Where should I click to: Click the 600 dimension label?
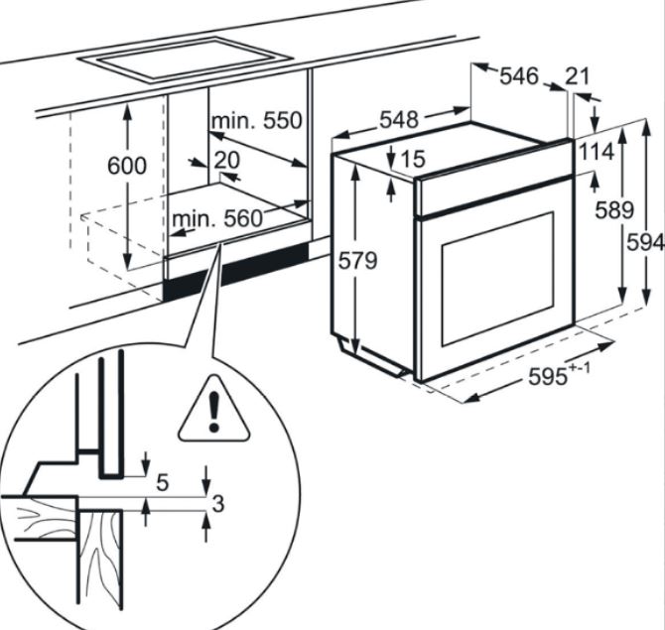tap(126, 166)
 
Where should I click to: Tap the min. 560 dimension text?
tap(216, 217)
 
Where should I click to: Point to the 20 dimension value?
tap(226, 160)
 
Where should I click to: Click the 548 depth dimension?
tap(398, 120)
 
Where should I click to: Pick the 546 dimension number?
tap(518, 76)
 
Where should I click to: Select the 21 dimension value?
tap(578, 76)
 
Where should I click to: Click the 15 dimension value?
tap(413, 158)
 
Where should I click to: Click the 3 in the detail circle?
tap(218, 503)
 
